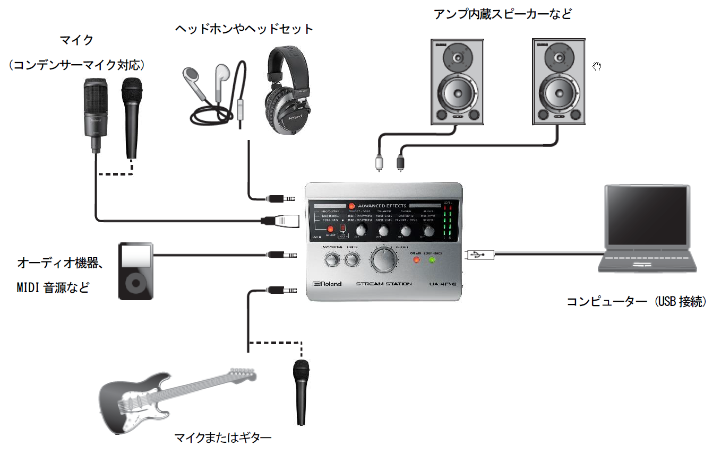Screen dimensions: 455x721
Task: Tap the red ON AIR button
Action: pyautogui.click(x=417, y=260)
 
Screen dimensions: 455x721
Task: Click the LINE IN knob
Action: pyautogui.click(x=351, y=260)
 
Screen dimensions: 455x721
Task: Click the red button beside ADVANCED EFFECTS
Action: pyautogui.click(x=351, y=206)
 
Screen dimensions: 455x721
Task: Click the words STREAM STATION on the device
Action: pyautogui.click(x=384, y=284)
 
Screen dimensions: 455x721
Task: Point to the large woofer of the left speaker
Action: pyautogui.click(x=456, y=92)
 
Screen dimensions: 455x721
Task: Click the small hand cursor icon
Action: pyautogui.click(x=597, y=66)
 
